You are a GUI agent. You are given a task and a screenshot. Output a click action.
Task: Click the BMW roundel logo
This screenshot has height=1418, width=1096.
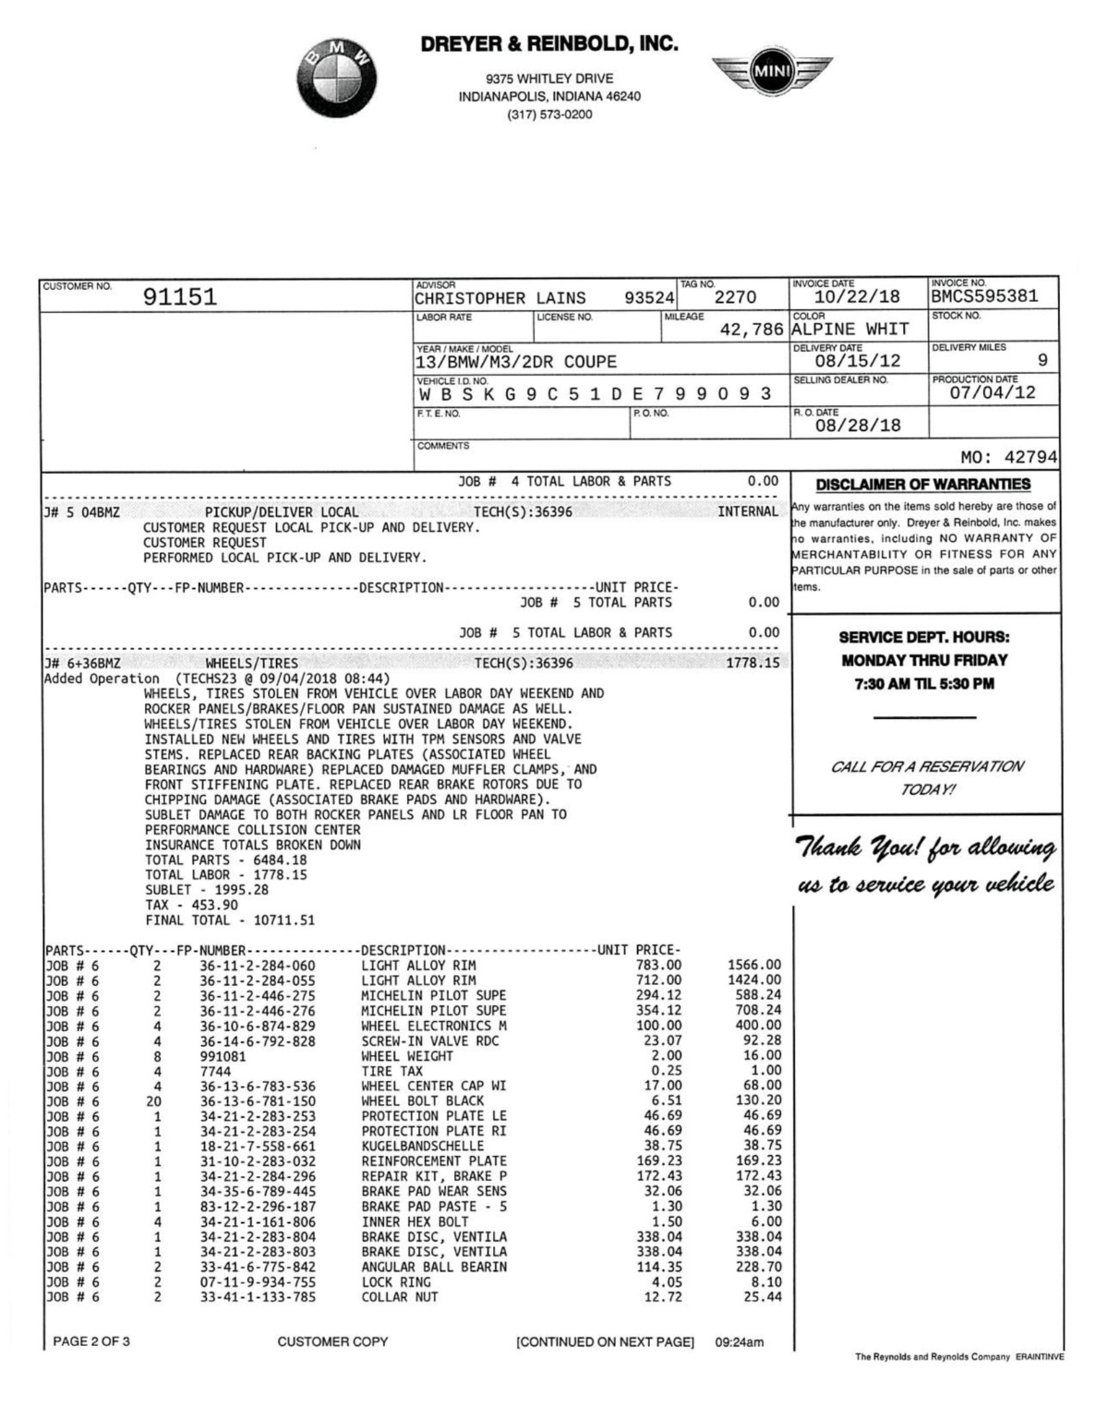click(x=337, y=80)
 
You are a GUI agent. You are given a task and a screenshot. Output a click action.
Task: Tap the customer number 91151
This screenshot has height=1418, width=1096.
click(x=180, y=296)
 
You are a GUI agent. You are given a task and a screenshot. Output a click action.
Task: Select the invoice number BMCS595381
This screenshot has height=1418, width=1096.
click(x=985, y=296)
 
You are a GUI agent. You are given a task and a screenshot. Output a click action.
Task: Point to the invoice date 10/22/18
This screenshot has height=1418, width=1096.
click(x=857, y=296)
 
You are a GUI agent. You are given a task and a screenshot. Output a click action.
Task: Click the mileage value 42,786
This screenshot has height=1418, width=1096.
click(x=752, y=330)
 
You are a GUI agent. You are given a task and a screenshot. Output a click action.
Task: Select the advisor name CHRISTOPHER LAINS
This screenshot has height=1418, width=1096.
click(x=500, y=298)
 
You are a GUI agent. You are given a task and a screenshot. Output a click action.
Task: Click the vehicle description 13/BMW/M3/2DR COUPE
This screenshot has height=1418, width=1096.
click(x=516, y=362)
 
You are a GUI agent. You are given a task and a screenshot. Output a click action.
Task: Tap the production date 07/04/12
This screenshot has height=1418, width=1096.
click(x=993, y=392)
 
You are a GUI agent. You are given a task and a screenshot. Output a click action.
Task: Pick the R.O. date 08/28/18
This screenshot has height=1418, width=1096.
click(x=857, y=426)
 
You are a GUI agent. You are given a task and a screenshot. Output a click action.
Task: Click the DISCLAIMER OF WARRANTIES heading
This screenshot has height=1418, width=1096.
click(x=922, y=485)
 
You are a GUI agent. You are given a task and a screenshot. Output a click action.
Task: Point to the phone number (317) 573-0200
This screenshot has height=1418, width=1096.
click(x=549, y=114)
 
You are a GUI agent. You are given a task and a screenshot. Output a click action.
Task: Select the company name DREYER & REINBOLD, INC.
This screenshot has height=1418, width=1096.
click(x=549, y=43)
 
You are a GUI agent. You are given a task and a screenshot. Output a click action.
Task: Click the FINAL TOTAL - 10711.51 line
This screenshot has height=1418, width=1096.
click(x=230, y=920)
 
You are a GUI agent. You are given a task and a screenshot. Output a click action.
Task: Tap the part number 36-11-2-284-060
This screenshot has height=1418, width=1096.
click(x=258, y=966)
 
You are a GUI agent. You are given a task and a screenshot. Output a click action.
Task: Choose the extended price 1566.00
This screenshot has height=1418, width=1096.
click(x=753, y=966)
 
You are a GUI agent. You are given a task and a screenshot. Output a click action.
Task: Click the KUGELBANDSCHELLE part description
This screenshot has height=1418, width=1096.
click(x=422, y=1146)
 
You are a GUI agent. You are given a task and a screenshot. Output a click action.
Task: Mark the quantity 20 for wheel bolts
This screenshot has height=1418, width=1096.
click(x=154, y=1100)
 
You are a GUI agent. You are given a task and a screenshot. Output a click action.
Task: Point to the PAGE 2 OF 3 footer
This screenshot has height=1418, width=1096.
click(x=91, y=1341)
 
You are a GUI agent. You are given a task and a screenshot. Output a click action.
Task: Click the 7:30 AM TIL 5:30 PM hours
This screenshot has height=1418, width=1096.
click(x=923, y=684)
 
